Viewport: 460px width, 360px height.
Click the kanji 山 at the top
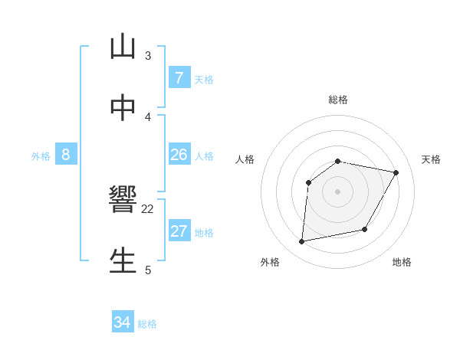122,47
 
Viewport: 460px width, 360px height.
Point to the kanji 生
122,260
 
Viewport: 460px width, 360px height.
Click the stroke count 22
148,208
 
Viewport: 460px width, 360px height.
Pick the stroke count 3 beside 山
148,55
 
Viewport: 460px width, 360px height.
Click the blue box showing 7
179,78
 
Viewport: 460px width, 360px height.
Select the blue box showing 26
179,155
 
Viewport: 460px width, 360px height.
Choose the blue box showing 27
179,231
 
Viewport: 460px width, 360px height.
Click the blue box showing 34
122,322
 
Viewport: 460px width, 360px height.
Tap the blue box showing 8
65,155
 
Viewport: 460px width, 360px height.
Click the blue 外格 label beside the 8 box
41,156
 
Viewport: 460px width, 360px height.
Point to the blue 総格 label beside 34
147,324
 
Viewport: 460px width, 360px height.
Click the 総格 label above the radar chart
338,100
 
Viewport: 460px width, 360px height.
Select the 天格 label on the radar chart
431,159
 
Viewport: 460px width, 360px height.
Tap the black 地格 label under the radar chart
402,263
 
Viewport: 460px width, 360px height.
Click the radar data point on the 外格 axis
302,242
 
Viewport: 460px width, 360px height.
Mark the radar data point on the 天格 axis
396,173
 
